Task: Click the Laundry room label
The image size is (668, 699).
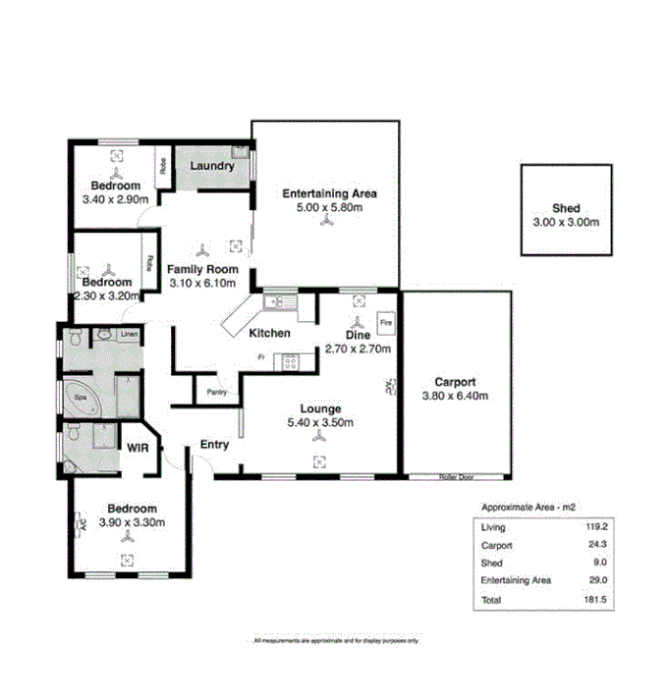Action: pyautogui.click(x=212, y=166)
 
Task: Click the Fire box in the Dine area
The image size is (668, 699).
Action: pyautogui.click(x=385, y=322)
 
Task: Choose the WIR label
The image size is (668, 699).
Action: pyautogui.click(x=137, y=447)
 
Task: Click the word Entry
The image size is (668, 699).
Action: pyautogui.click(x=214, y=445)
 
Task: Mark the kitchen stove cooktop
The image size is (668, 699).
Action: pyautogui.click(x=292, y=360)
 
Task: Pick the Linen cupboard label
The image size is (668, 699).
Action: pyautogui.click(x=130, y=335)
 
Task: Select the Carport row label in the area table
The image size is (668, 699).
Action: pyautogui.click(x=497, y=545)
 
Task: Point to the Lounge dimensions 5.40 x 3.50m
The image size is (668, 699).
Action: pyautogui.click(x=320, y=423)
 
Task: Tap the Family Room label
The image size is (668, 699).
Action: pyautogui.click(x=202, y=269)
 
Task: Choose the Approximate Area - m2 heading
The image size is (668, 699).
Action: pyautogui.click(x=527, y=507)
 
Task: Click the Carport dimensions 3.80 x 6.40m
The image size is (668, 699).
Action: pyautogui.click(x=455, y=396)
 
